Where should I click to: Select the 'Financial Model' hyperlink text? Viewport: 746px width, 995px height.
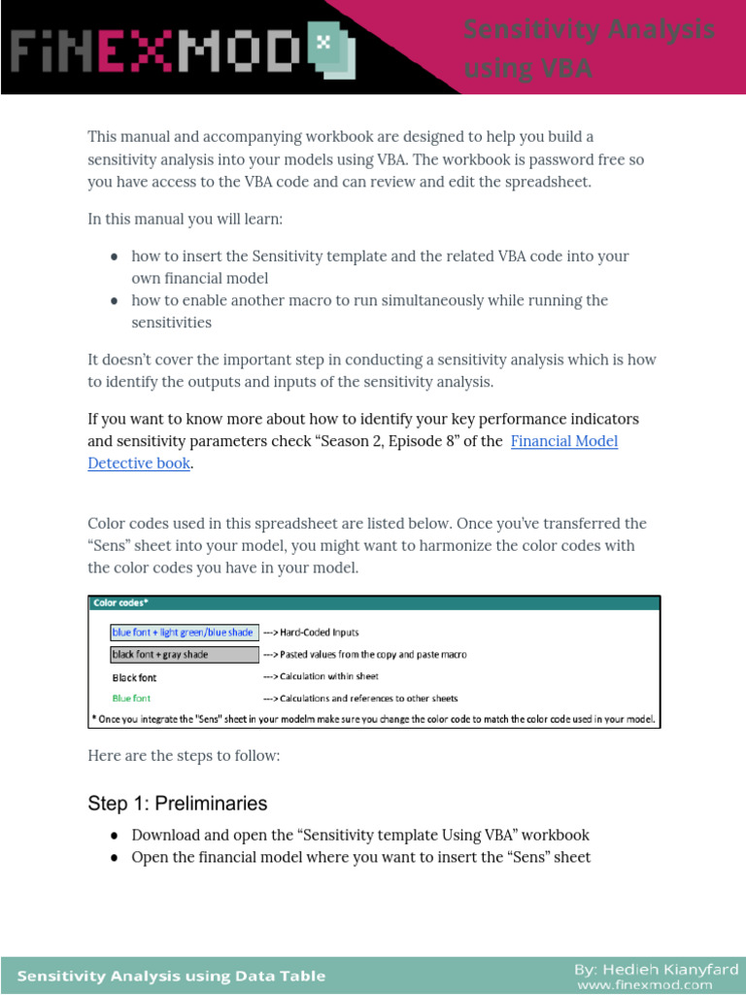[564, 441]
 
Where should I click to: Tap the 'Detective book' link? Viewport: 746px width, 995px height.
[138, 463]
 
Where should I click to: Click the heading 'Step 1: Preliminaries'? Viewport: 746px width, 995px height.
[177, 804]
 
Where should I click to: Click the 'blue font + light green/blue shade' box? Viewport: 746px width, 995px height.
[185, 632]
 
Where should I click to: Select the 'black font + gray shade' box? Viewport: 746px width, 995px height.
[185, 654]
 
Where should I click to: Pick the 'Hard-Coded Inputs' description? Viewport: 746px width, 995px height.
[311, 633]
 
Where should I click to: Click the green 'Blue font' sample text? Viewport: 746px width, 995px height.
[131, 698]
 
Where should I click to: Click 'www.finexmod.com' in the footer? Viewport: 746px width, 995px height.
[658, 985]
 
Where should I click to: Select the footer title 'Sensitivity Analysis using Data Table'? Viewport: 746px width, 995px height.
[172, 977]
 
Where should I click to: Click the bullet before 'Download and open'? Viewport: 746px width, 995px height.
[115, 836]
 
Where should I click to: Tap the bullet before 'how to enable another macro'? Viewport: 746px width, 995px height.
[115, 301]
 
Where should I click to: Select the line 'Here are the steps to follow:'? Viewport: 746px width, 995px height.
[184, 755]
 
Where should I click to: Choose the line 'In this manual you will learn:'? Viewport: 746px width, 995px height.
[186, 219]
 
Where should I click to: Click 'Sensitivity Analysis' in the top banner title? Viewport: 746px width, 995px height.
[588, 31]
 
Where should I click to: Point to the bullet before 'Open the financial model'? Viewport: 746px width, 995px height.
[115, 858]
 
